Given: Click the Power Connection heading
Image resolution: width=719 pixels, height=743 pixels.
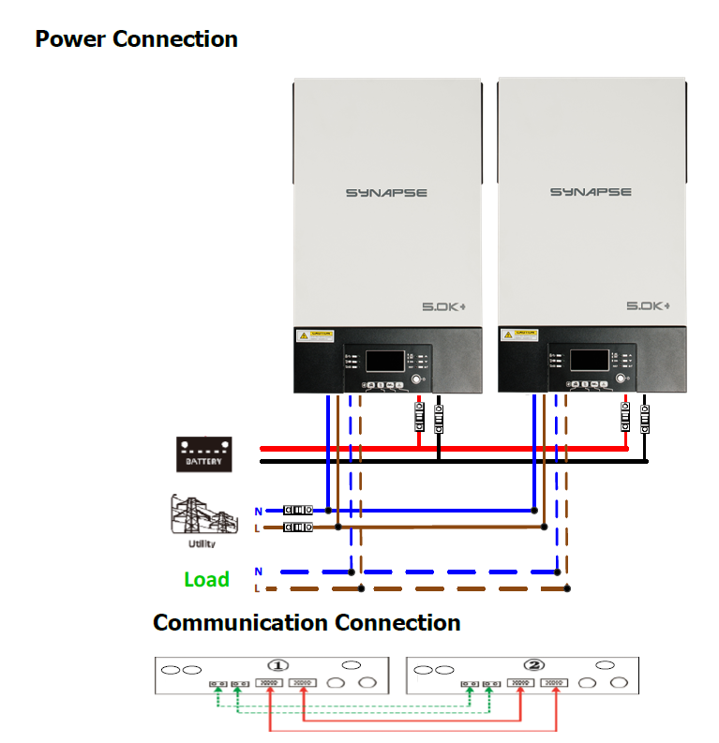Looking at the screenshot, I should click(x=136, y=39).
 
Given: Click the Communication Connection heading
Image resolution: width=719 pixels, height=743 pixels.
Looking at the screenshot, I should click(x=307, y=623).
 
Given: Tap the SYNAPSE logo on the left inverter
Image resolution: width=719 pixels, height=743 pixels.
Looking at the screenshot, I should click(x=386, y=193).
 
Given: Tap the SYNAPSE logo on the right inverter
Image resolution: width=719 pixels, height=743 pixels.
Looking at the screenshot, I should click(x=591, y=193).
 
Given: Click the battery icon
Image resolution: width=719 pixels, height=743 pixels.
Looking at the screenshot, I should click(x=204, y=454).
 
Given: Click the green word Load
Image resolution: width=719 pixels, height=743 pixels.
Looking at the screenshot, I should click(x=206, y=579).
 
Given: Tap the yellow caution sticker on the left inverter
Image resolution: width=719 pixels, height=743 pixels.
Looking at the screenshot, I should click(x=315, y=334).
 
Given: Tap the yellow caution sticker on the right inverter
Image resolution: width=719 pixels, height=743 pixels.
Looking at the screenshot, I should click(x=519, y=334).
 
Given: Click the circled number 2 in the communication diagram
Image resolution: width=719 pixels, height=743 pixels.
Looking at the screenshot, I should click(x=534, y=665).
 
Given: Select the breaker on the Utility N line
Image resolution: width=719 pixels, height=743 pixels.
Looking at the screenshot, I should click(x=298, y=511).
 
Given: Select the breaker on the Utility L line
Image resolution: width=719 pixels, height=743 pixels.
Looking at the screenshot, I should click(x=298, y=528).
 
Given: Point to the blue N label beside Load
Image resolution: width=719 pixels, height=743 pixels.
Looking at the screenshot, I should click(x=258, y=571).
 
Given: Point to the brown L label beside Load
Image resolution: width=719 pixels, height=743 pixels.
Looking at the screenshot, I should click(x=258, y=588).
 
